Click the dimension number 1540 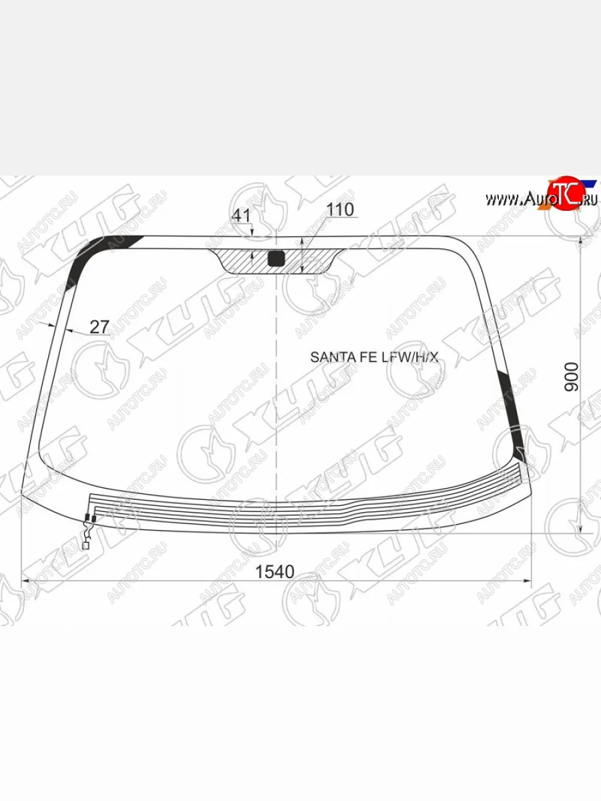(274, 572)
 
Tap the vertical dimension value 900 (572, 377)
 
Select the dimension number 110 (340, 210)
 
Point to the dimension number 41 (241, 216)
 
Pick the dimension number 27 (99, 327)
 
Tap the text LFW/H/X (410, 357)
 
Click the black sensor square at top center (276, 258)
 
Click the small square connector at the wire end (85, 546)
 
